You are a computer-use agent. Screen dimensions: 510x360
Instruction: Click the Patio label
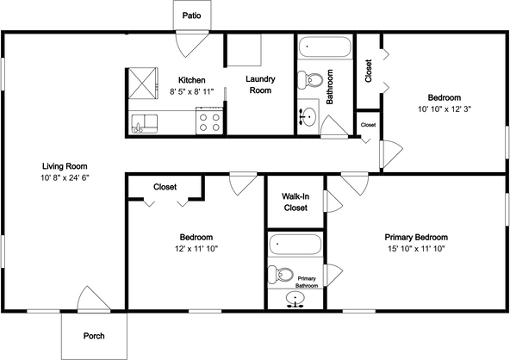point(191,16)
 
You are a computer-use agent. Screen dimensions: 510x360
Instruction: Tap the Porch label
point(94,336)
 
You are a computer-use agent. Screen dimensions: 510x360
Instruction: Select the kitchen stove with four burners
point(209,121)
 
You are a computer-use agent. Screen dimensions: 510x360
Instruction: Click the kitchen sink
point(145,123)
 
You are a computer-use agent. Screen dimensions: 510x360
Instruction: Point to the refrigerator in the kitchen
point(143,84)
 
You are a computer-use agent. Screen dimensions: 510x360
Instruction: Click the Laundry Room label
point(260,84)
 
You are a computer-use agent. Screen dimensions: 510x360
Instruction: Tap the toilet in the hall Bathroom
point(310,80)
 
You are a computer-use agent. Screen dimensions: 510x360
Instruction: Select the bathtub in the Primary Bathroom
point(295,244)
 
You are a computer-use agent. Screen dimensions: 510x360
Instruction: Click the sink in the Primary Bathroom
point(295,299)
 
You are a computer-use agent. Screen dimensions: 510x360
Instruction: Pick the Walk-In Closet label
point(295,202)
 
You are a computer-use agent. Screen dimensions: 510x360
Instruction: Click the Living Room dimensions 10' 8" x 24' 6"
point(65,177)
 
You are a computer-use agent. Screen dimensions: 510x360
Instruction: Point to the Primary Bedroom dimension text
point(416,249)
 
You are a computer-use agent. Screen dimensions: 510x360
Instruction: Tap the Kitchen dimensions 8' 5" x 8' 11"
point(191,91)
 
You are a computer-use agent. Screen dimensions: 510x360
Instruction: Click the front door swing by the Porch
point(94,300)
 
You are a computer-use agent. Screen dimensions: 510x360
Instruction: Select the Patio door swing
point(192,44)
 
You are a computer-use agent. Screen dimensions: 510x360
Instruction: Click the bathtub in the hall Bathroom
point(325,47)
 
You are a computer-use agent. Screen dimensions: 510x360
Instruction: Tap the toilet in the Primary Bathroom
point(280,275)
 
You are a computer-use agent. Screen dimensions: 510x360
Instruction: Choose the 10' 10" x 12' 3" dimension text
point(445,109)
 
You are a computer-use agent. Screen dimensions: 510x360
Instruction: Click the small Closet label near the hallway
point(368,125)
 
